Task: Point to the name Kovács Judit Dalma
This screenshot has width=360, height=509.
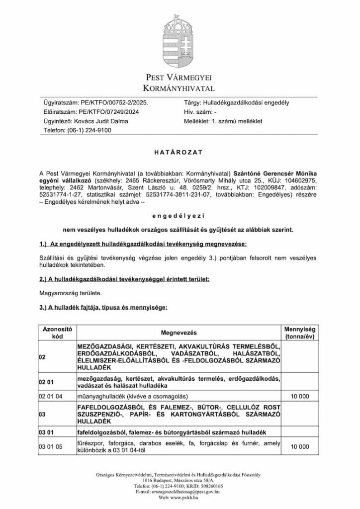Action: coord(103,121)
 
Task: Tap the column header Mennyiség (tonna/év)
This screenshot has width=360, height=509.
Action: coord(300,333)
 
